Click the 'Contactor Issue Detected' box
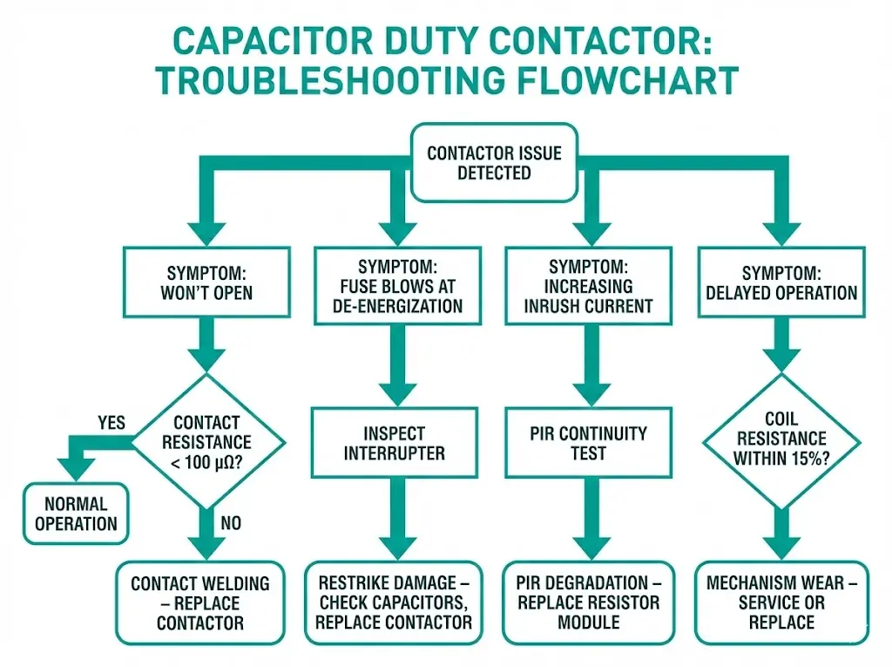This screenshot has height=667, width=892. pos(494,163)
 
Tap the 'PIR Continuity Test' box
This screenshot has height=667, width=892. pos(588,443)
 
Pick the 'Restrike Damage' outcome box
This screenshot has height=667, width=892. pos(395,602)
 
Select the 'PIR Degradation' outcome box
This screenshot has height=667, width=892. pos(588,602)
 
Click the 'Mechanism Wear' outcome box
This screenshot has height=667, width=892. pos(781,602)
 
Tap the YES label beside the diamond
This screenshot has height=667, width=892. pos(111,423)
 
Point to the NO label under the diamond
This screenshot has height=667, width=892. pos(230,523)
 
